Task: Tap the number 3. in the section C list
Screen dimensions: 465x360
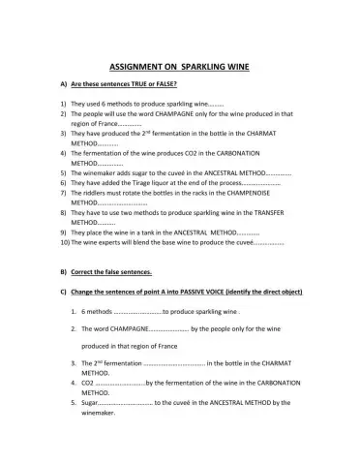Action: [74, 363]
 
